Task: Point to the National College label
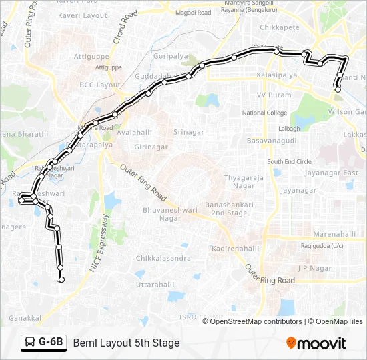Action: click(x=264, y=113)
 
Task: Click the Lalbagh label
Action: click(x=289, y=128)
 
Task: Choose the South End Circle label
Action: click(x=289, y=161)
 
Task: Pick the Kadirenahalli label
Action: click(x=234, y=248)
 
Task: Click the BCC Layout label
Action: click(x=100, y=85)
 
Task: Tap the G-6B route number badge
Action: click(x=44, y=343)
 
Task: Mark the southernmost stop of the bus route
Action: click(x=61, y=280)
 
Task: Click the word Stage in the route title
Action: click(x=167, y=343)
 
